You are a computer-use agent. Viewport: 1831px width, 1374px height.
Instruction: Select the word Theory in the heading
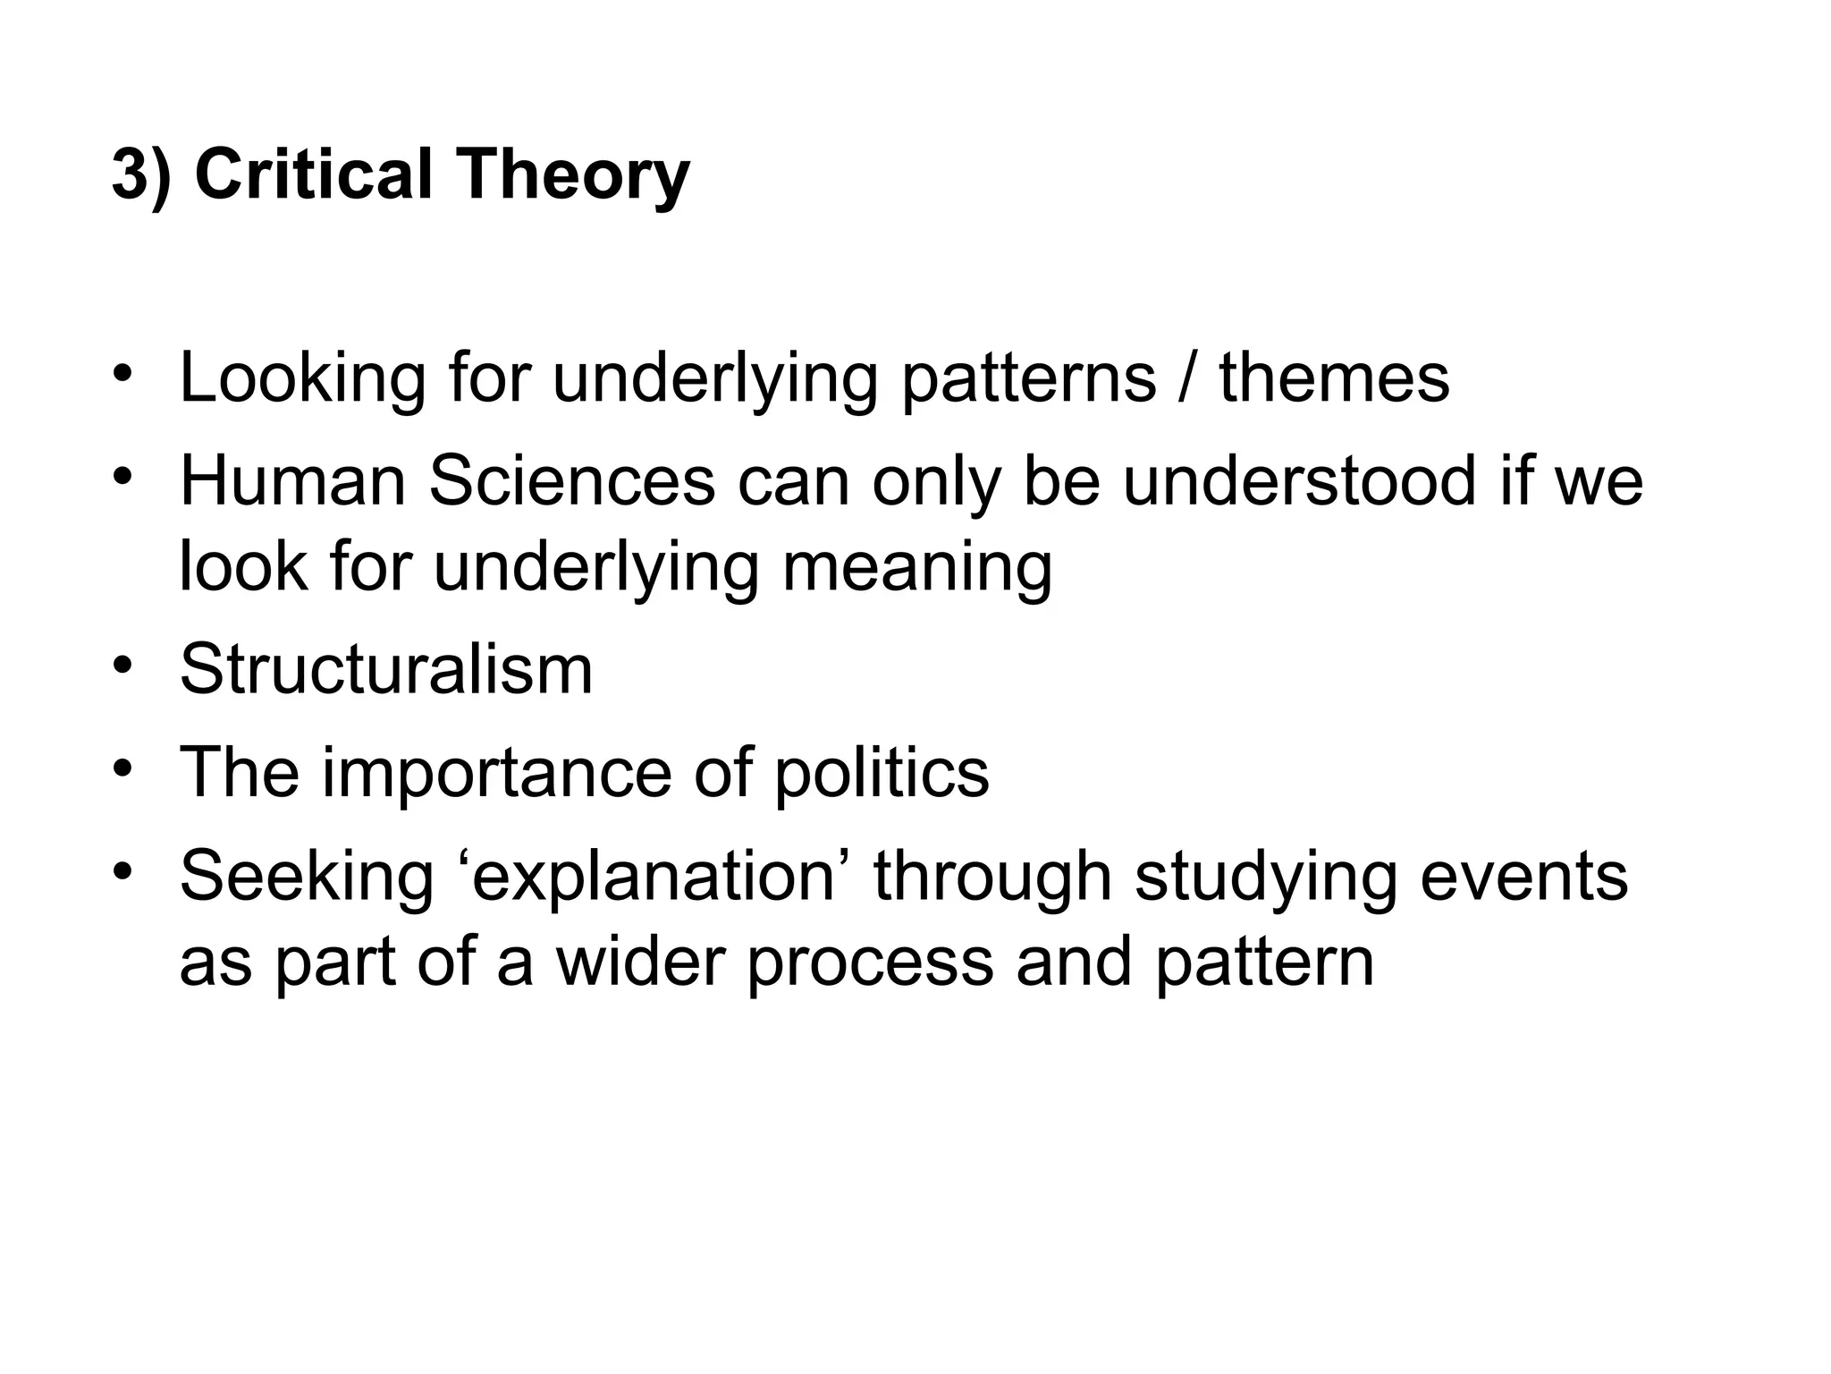tap(573, 175)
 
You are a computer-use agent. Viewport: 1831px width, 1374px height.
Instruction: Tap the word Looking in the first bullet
tap(302, 379)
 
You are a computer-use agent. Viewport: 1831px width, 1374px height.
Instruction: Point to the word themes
tap(1334, 377)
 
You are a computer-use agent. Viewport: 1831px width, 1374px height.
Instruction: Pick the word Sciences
tap(572, 481)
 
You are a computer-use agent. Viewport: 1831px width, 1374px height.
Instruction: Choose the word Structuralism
tap(386, 669)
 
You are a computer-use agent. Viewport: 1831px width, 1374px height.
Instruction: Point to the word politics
tap(882, 773)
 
